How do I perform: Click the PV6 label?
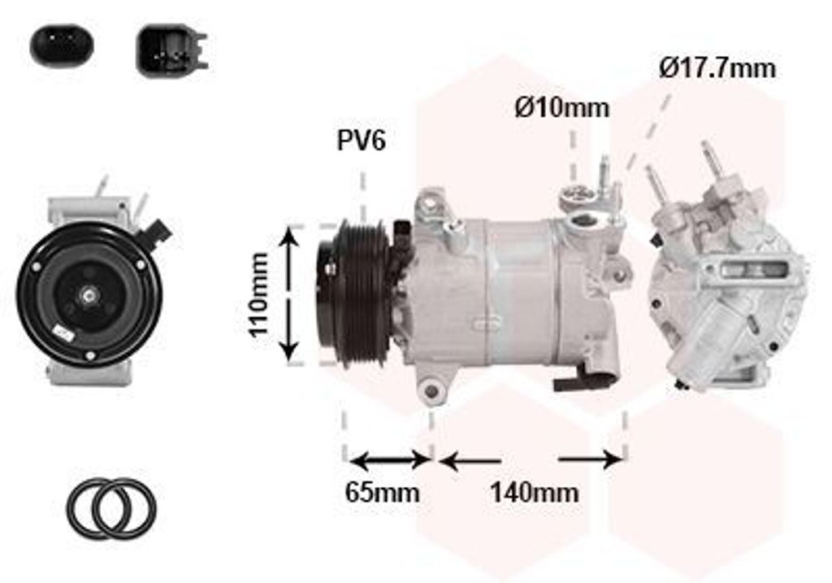[x=362, y=141]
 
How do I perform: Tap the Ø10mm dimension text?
[x=562, y=108]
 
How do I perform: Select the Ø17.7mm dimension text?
[x=717, y=68]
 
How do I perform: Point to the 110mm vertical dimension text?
[x=259, y=294]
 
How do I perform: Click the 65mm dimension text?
[x=382, y=492]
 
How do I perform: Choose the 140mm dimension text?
[x=534, y=492]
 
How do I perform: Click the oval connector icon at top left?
[x=62, y=45]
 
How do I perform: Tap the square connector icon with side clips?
[x=171, y=50]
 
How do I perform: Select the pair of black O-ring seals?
[x=111, y=507]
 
